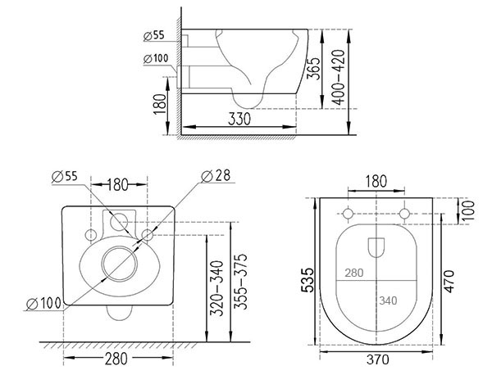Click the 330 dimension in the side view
coord(239,119)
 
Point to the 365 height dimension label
coord(313,69)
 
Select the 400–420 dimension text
coord(339,77)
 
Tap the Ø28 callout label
coord(216,176)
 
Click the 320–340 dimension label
coord(216,288)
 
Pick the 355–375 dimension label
coord(240,282)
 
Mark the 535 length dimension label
coord(307,280)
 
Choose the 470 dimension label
coord(449,282)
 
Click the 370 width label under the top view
coord(377,359)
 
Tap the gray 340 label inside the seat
coord(388,300)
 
